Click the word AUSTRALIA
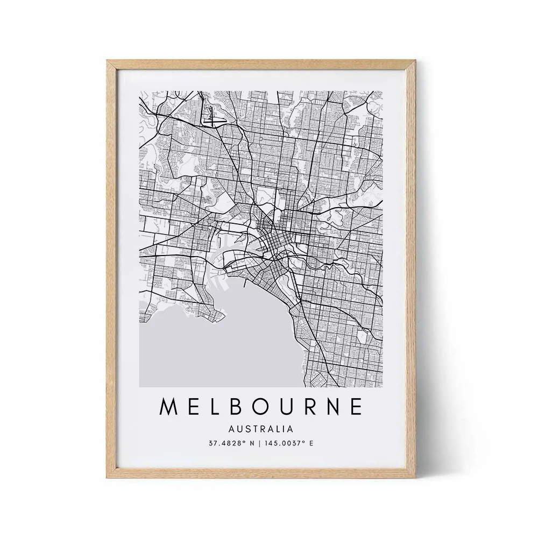(x=261, y=429)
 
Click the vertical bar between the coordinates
(x=260, y=444)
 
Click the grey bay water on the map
(x=215, y=350)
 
